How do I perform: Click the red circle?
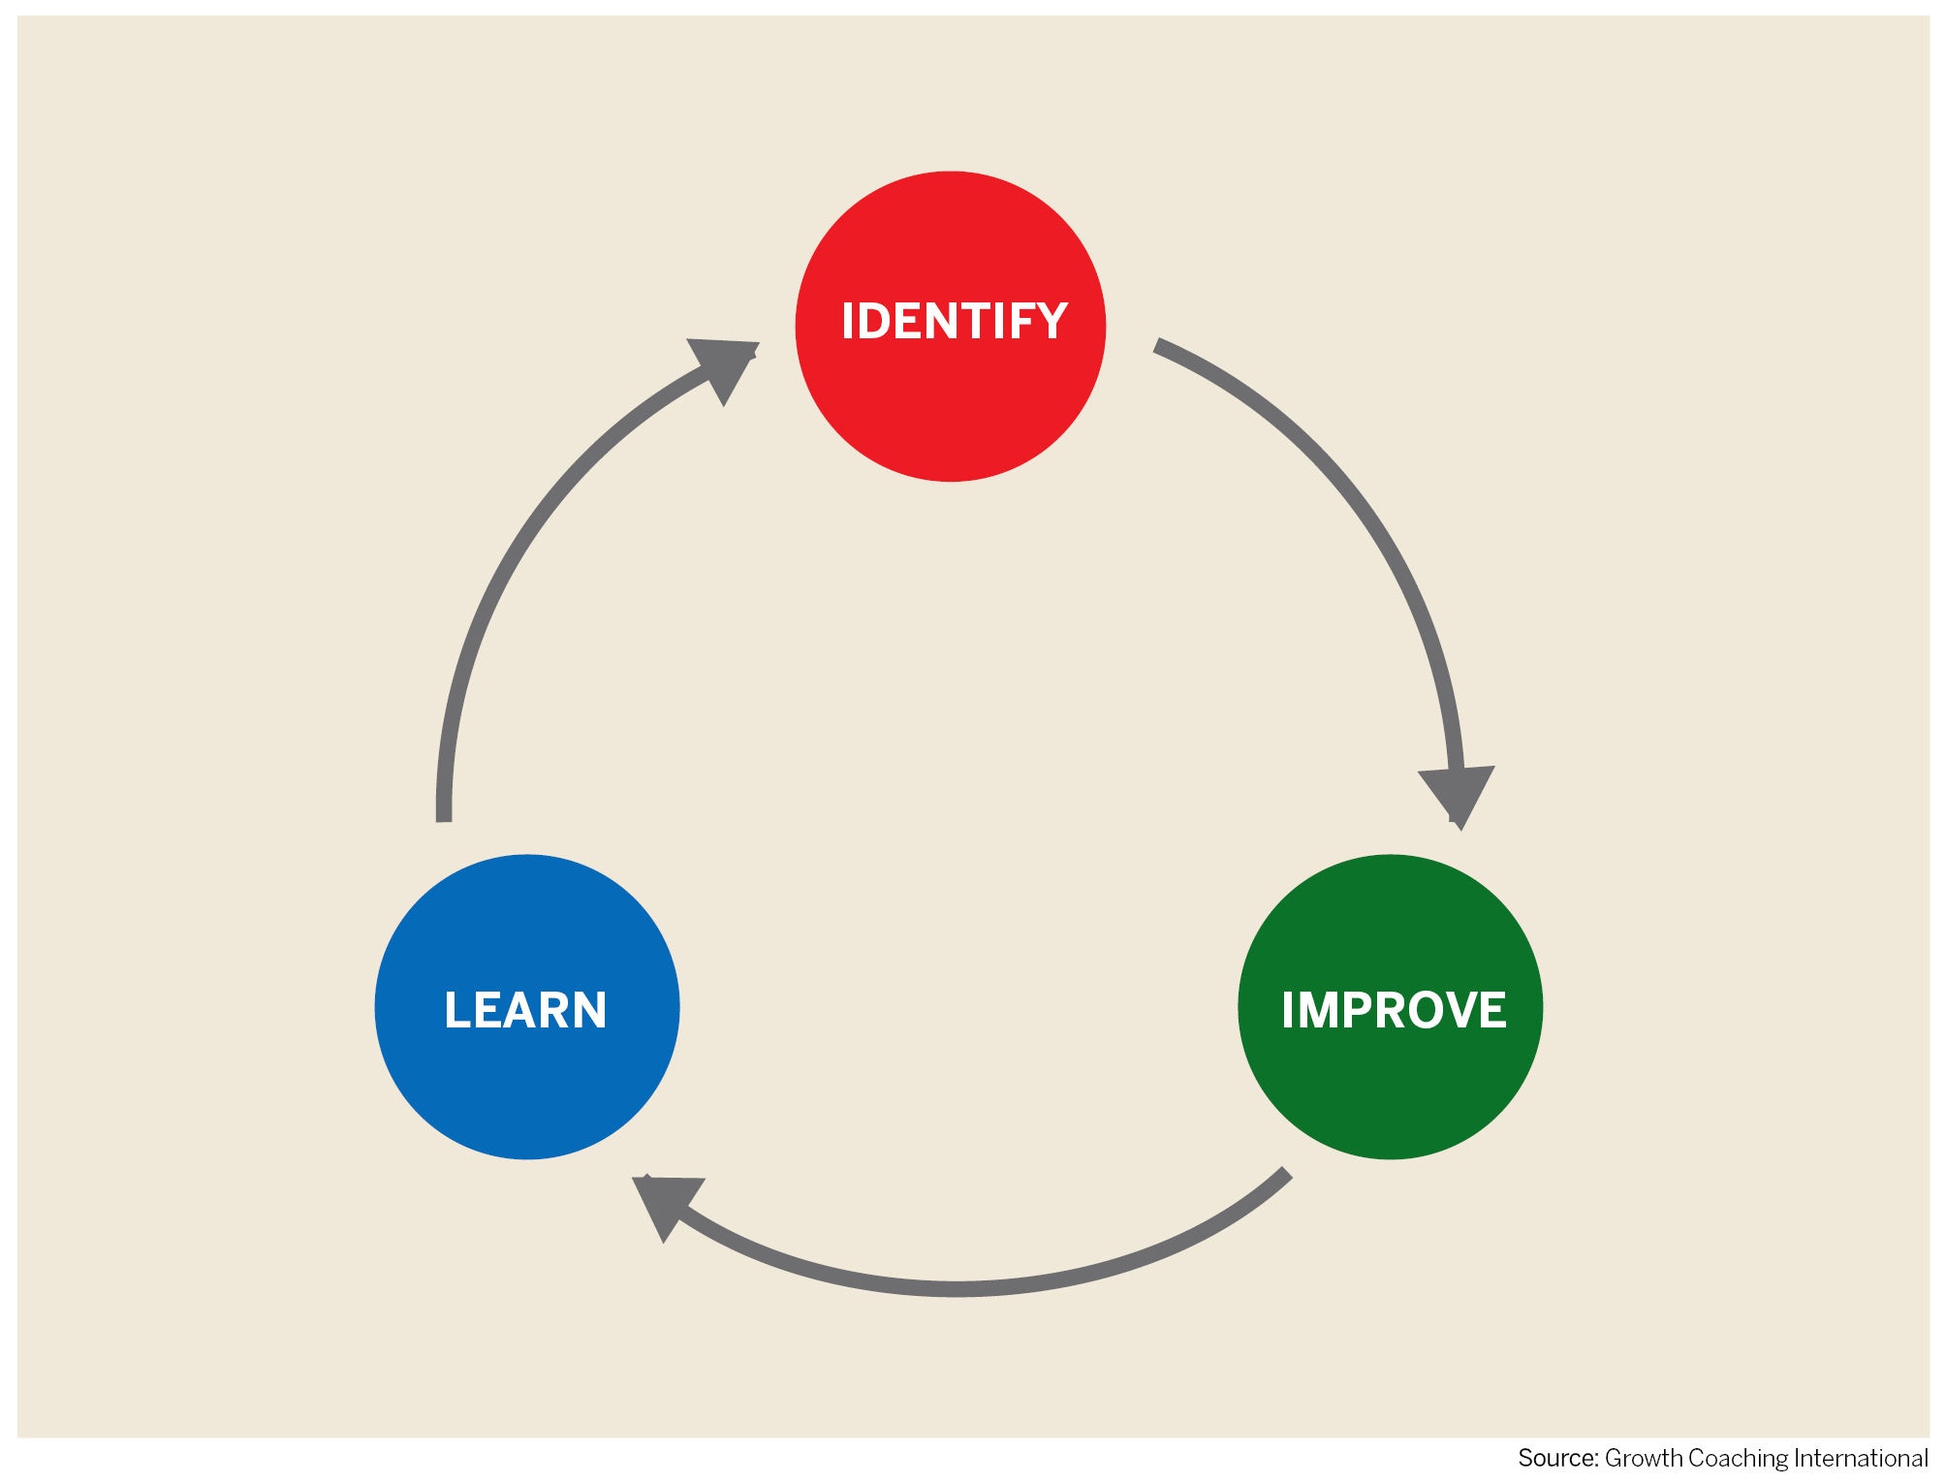pos(950,326)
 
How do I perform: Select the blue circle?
pos(527,1006)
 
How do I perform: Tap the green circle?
pos(1390,1006)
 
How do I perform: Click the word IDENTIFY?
pos(955,321)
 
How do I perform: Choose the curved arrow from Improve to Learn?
pos(955,1289)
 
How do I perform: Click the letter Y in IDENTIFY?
pos(1049,321)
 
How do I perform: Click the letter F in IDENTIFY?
pos(1014,321)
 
